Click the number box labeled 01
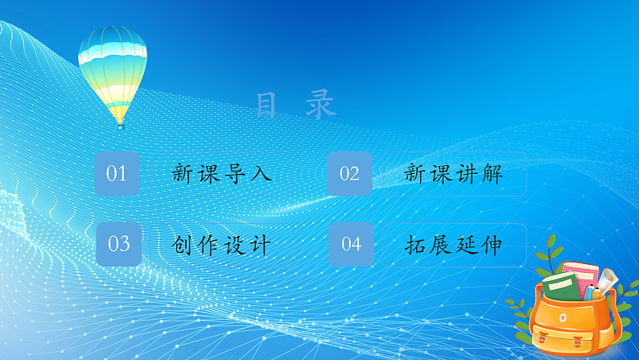[117, 173]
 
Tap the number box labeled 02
[349, 173]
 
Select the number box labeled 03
[118, 244]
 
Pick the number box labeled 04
[351, 244]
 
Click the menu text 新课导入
[221, 174]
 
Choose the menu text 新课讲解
[453, 174]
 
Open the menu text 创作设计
[221, 245]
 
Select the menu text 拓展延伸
[453, 245]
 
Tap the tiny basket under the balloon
[120, 126]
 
